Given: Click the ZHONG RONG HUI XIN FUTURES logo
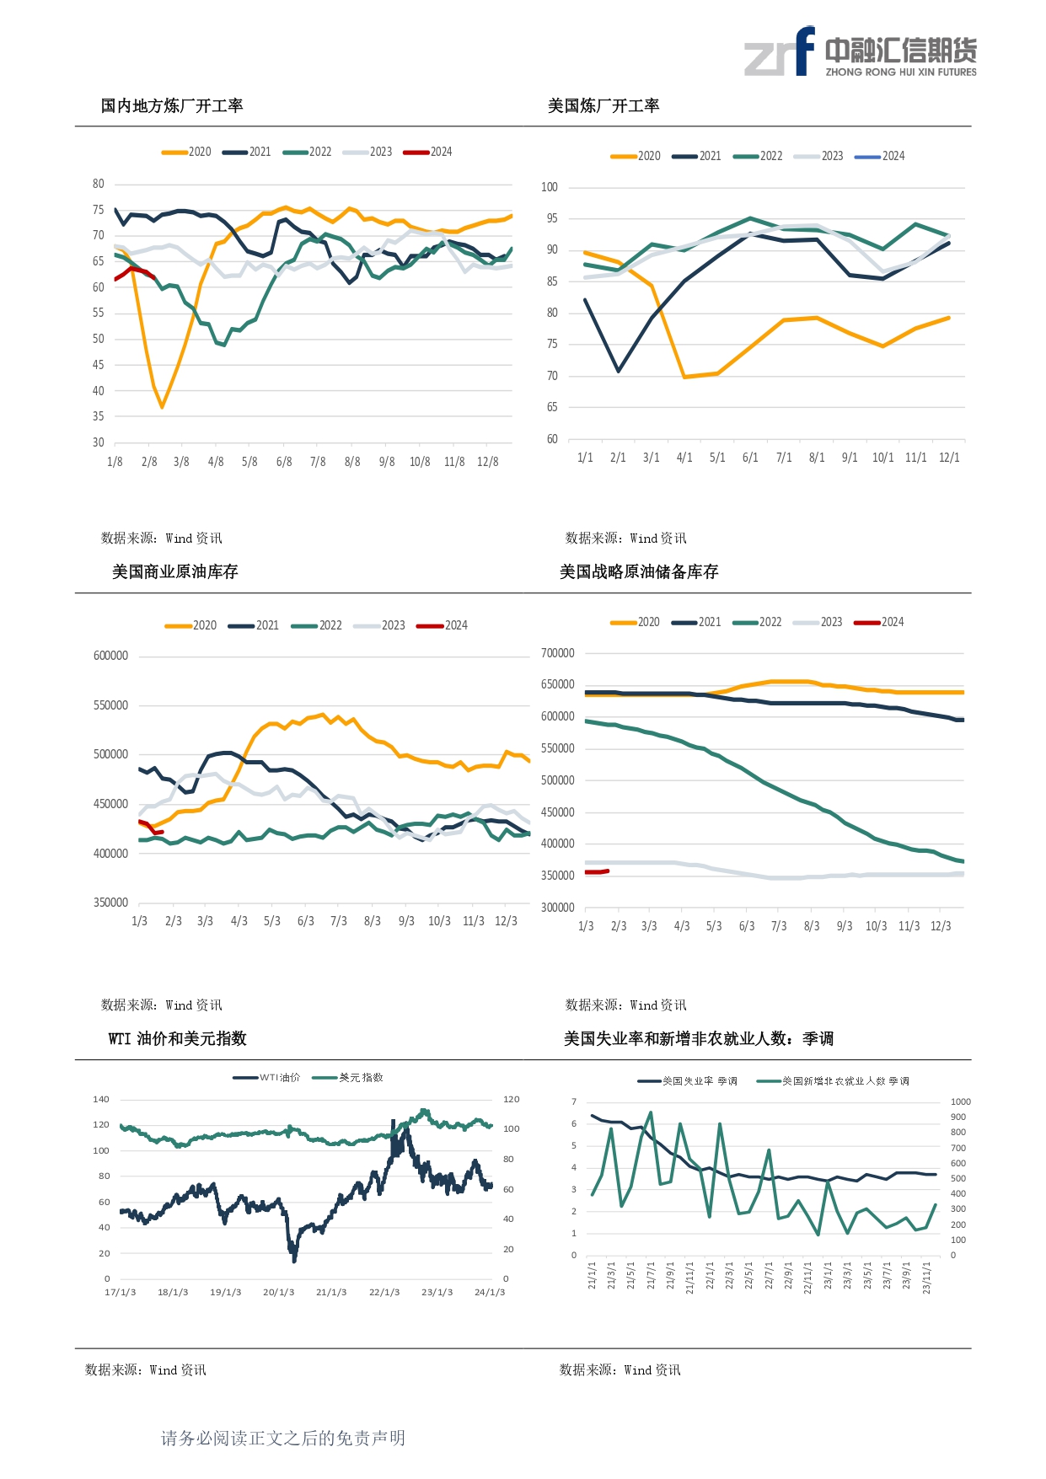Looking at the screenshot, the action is (861, 52).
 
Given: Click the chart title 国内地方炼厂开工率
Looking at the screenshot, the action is (172, 106).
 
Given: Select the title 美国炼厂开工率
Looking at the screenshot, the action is (603, 106).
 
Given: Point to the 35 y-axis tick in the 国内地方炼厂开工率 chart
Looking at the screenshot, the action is (99, 416).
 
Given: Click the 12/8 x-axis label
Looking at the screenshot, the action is (488, 462).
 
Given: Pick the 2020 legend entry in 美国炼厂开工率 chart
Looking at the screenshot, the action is (636, 156).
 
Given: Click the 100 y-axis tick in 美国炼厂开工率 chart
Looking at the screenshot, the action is (550, 187).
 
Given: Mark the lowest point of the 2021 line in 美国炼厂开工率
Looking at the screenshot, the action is (618, 371).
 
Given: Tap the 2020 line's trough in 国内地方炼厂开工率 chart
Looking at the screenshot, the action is (162, 408).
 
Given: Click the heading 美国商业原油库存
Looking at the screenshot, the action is (175, 572).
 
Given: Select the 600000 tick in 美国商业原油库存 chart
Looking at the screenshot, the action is (110, 656).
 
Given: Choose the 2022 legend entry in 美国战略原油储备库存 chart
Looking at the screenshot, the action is (758, 622).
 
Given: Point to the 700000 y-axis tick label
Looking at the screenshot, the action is (558, 653).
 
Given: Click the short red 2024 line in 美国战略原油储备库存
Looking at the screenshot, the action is (597, 872).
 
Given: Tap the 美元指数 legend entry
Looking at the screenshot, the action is (348, 1078).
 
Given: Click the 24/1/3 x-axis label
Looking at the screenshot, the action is (490, 1292).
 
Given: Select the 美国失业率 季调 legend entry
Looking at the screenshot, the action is (688, 1081).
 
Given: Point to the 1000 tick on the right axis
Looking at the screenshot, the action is (961, 1101).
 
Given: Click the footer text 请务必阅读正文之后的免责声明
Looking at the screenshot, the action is (283, 1438).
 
